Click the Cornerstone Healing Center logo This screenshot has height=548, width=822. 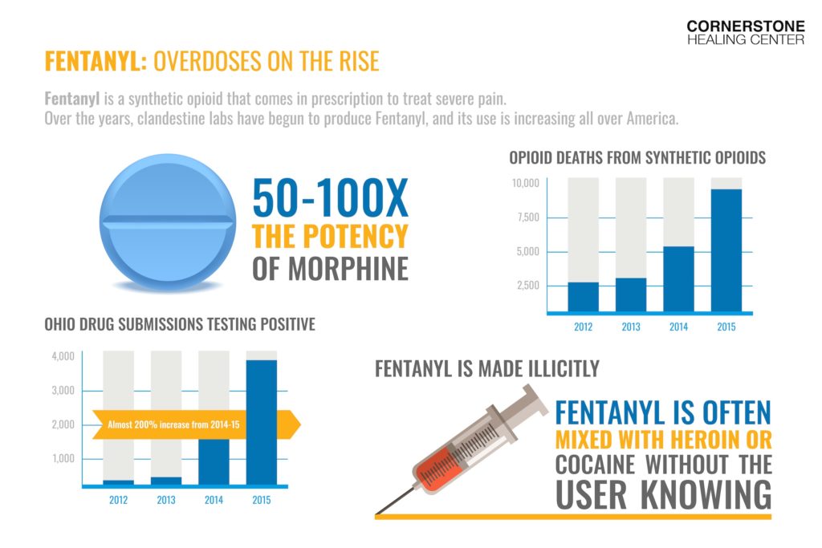coord(745,32)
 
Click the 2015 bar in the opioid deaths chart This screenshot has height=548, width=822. coord(726,250)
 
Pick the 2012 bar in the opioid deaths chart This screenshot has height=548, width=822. coord(583,296)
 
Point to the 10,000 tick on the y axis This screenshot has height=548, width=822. coord(527,184)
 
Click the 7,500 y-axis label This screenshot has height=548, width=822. coord(527,217)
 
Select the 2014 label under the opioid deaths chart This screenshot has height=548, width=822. coord(678,327)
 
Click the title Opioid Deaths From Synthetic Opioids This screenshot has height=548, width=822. coord(637,158)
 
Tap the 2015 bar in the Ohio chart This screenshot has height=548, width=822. coord(261,422)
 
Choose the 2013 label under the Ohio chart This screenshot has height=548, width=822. coord(167,501)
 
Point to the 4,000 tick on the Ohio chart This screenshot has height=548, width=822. coord(63,356)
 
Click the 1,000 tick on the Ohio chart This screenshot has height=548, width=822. coord(63,459)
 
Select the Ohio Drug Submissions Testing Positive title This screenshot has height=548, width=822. coord(180,325)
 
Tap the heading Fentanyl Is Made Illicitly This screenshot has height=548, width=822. coord(487,369)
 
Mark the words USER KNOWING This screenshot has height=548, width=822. coord(663,494)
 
